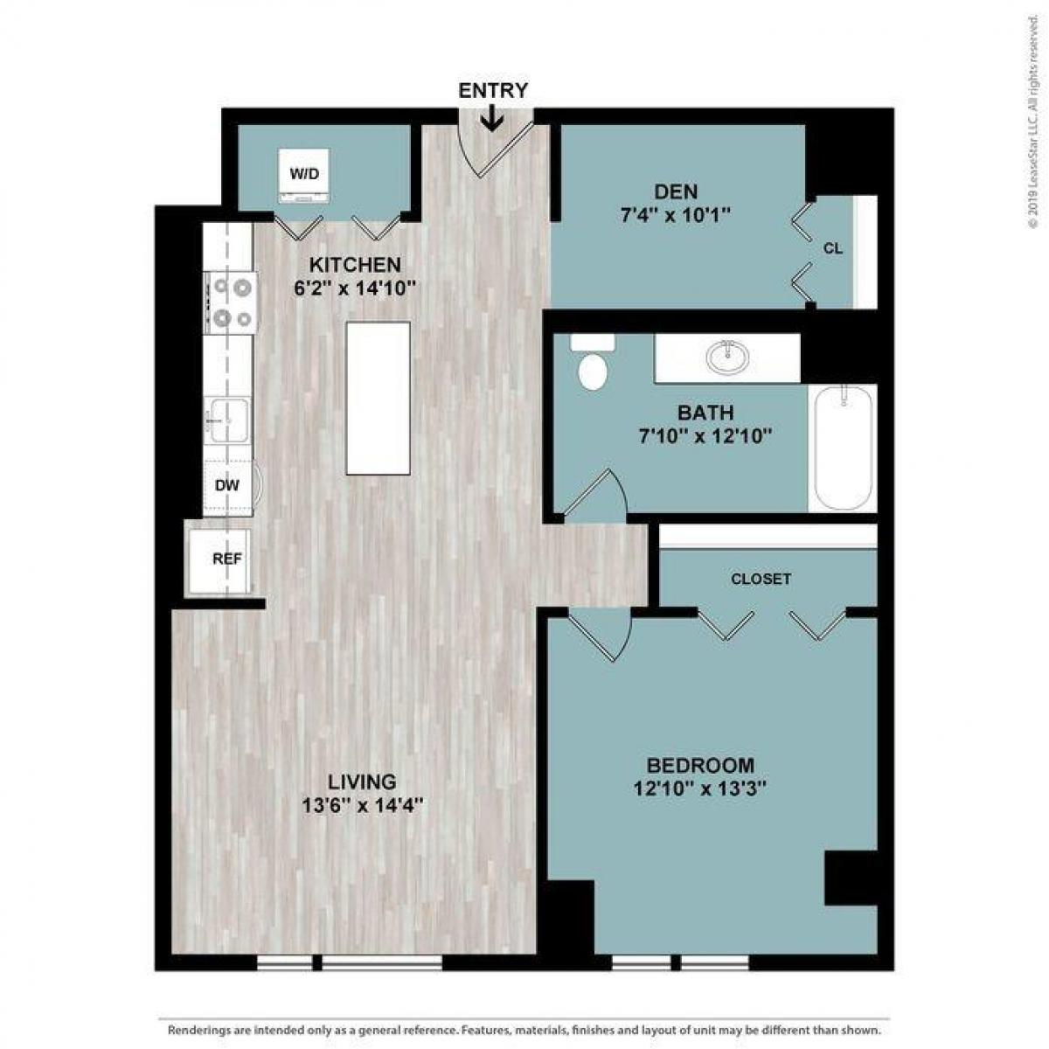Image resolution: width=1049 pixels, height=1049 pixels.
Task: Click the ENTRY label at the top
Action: (493, 90)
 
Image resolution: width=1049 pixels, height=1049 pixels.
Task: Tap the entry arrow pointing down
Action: (493, 119)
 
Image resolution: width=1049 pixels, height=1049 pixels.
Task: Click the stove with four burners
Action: (233, 302)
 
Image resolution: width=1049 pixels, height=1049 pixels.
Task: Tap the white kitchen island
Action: (379, 398)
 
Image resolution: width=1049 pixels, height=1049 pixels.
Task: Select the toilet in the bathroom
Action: (592, 366)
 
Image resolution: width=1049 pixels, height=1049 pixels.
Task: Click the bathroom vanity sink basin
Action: (727, 356)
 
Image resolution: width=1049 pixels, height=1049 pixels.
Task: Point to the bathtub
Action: (842, 449)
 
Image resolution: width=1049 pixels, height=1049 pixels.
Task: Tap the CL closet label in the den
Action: (833, 249)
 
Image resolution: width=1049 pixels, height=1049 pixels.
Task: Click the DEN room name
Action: (677, 192)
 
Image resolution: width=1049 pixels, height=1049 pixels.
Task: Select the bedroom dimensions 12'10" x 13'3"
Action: (700, 788)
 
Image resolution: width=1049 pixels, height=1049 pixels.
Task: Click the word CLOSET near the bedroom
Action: (761, 579)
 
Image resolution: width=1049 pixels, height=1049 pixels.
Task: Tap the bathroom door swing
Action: (595, 495)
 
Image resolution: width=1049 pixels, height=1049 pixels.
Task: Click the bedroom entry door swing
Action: (602, 633)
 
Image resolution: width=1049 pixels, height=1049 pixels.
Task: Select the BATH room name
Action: (705, 413)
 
